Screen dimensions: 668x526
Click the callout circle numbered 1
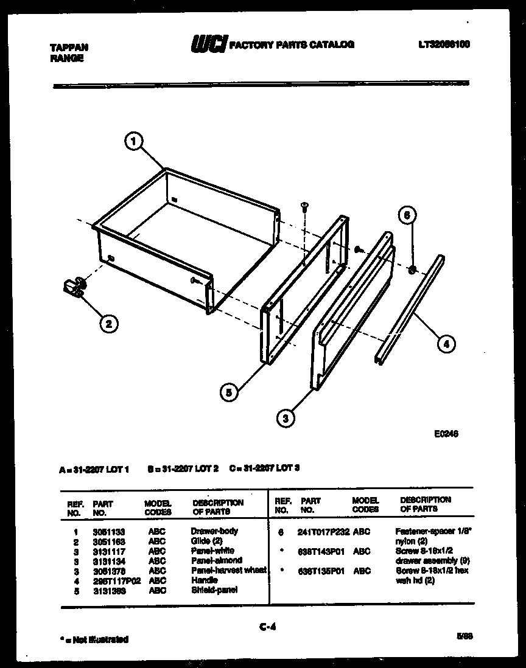tap(134, 142)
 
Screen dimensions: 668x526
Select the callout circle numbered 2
tap(108, 324)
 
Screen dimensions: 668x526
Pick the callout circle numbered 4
tap(446, 344)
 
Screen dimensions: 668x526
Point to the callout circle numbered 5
tap(228, 392)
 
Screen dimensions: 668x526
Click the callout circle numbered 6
tap(409, 215)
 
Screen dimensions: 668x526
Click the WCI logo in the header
tap(209, 44)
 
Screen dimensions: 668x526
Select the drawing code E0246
tap(446, 434)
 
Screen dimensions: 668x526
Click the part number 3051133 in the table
tap(109, 531)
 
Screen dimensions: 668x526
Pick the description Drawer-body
tap(214, 531)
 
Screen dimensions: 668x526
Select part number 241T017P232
tap(323, 532)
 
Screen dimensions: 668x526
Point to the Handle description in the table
tap(204, 580)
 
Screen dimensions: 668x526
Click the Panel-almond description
tap(216, 560)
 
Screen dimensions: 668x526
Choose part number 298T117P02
tap(116, 580)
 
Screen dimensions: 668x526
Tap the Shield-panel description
tap(214, 590)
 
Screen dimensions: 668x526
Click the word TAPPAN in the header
tap(68, 47)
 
